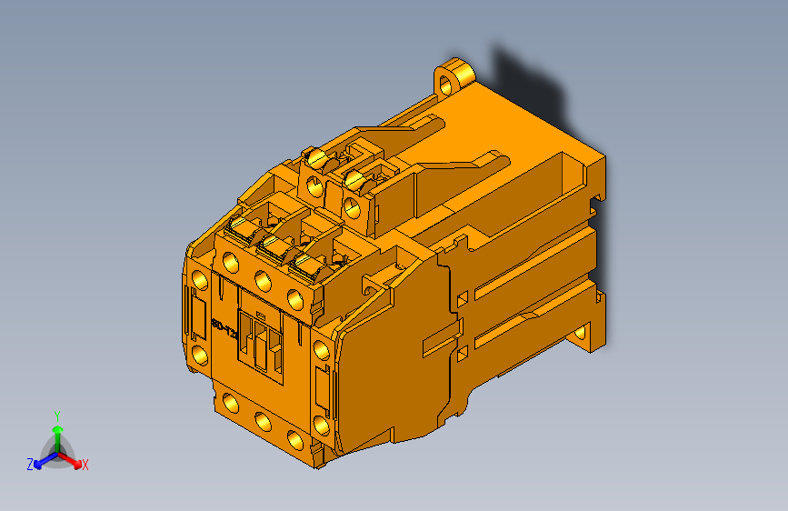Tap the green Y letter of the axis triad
tap(56, 415)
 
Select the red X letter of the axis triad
tap(85, 466)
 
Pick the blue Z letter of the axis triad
tap(30, 464)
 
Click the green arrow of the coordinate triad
tap(56, 431)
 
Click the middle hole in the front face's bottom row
tap(263, 420)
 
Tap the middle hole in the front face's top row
tap(262, 279)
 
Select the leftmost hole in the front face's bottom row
tap(230, 405)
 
